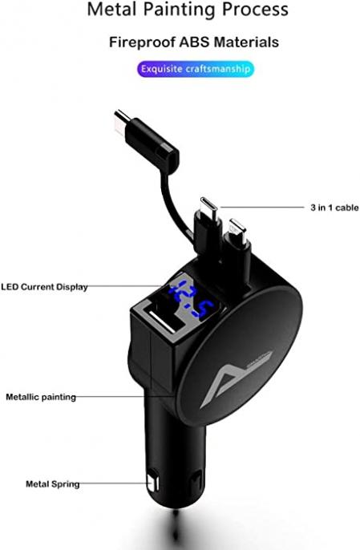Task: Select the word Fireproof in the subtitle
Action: (142, 42)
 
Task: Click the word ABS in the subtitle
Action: (194, 42)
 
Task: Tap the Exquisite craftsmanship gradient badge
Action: (196, 69)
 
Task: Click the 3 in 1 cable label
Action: (334, 208)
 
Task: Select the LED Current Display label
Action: (44, 287)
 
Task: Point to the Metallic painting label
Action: (41, 397)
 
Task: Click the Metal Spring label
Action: (53, 484)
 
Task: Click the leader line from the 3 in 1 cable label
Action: (261, 208)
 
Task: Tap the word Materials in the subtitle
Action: (246, 42)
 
